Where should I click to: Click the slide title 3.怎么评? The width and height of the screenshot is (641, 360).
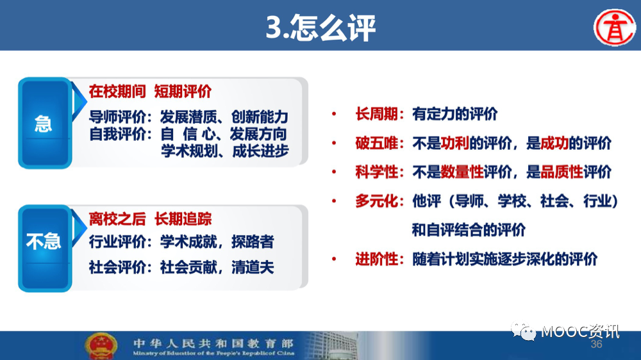pos(320,28)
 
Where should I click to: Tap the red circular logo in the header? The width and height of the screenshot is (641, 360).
pos(615,28)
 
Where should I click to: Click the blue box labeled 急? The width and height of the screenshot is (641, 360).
pos(45,123)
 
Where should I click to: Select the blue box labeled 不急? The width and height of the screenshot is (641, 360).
pos(45,249)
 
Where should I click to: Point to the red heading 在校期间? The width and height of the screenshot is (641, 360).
pos(117,92)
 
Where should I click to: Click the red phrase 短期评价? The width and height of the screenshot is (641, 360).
pos(183,92)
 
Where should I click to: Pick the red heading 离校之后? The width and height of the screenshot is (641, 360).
pos(117,219)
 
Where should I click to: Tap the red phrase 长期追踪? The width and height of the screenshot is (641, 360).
pos(183,219)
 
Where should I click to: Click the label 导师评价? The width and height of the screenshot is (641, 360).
pos(117,117)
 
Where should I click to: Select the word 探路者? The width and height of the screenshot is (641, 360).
pos(253,242)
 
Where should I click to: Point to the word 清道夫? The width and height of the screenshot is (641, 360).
pos(253,267)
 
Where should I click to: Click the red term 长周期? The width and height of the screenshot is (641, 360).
pos(376,114)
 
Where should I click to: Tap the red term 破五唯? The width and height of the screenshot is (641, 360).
pos(376,143)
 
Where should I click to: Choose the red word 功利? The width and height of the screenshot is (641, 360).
pos(454,143)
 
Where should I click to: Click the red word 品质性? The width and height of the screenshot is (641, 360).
pos(562,172)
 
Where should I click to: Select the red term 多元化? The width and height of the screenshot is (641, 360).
pos(376,201)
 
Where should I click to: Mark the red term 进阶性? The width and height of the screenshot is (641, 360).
pos(376,259)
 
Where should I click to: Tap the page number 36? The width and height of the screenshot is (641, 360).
pos(596,344)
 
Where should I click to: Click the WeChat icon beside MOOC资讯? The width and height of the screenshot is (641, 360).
pos(523,331)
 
